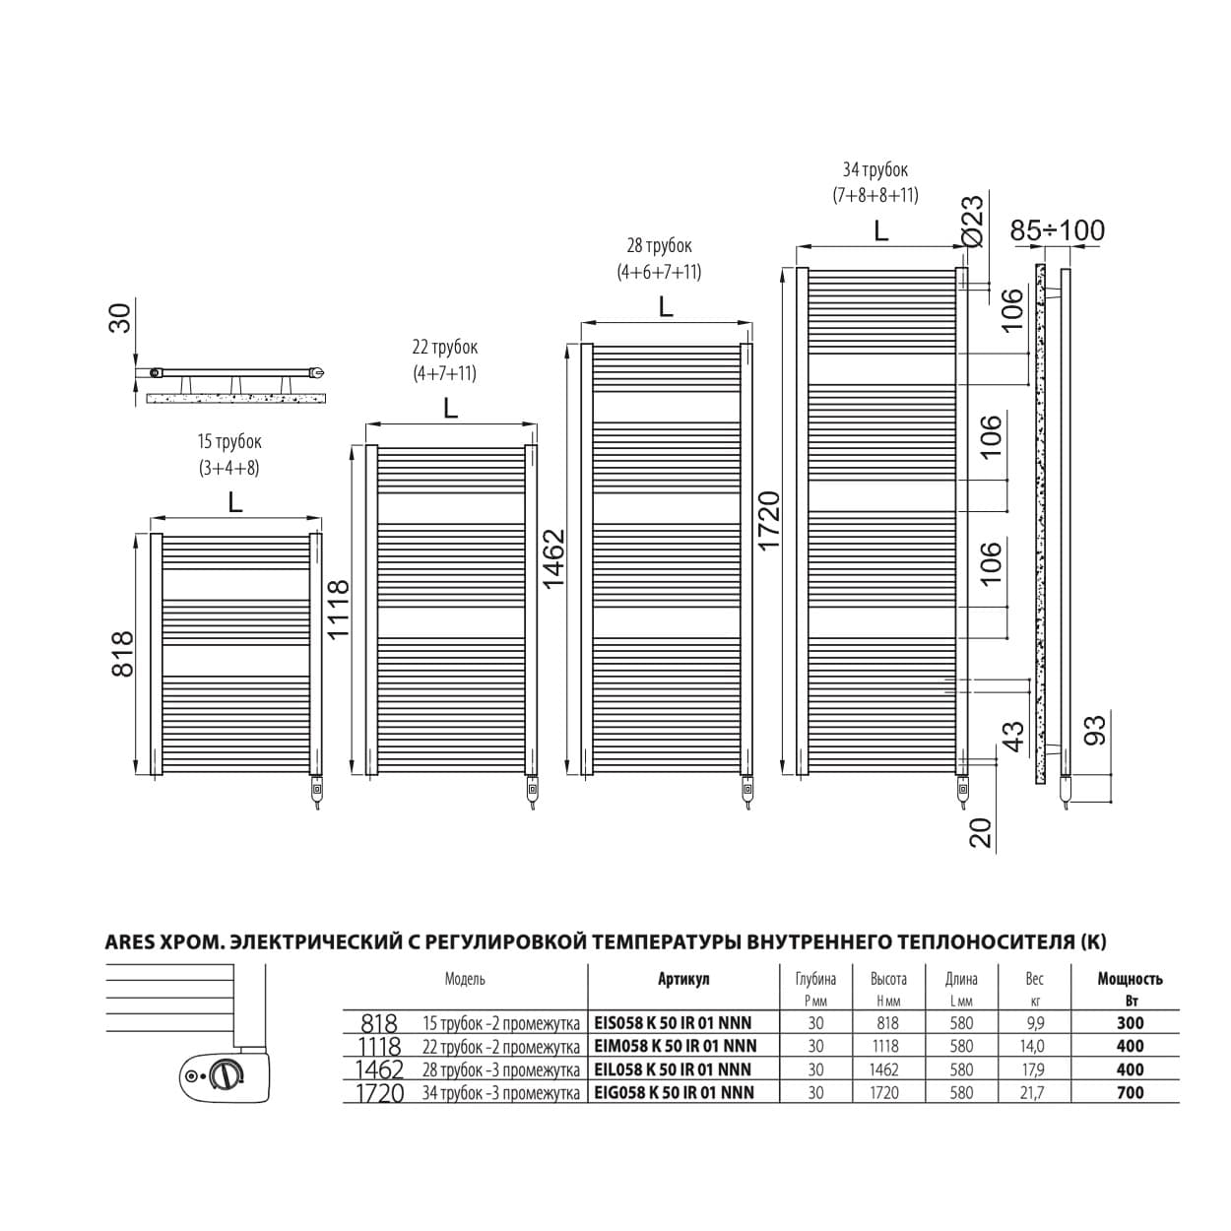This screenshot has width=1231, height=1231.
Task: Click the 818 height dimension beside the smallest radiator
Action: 122,654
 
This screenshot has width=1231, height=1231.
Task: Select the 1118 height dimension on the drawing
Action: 338,609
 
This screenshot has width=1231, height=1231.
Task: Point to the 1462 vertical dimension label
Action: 553,558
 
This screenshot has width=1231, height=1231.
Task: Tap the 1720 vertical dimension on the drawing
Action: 768,519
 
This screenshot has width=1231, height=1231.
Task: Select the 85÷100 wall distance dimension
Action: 1058,230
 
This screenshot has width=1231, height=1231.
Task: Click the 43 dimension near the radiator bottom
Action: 1013,736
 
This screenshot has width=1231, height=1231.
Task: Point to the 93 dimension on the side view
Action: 1094,730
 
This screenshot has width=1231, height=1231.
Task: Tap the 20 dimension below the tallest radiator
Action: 981,833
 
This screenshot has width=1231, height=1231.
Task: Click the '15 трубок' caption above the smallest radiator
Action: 229,441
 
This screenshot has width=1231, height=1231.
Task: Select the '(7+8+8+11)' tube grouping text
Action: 875,195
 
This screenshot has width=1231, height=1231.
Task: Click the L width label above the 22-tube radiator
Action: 451,409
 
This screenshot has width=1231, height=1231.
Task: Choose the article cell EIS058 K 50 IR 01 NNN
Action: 674,1022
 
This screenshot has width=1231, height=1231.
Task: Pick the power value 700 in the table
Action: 1131,1092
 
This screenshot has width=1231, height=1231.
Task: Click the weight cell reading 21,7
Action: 1032,1093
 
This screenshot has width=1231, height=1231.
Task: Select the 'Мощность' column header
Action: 1131,979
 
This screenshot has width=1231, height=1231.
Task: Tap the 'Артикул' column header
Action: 683,979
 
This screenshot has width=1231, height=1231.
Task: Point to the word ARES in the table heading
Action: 130,942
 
